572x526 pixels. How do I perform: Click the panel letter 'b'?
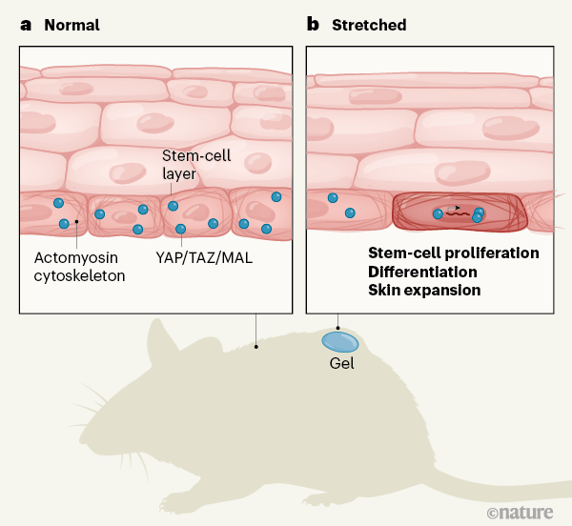(312, 24)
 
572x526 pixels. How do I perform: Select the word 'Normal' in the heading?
(71, 25)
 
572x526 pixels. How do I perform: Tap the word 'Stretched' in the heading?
(369, 25)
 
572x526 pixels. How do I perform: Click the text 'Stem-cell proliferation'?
(454, 253)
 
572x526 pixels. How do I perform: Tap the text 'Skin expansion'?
(424, 290)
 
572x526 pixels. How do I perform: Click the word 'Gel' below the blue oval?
(341, 363)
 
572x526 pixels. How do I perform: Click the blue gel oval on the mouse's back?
(339, 340)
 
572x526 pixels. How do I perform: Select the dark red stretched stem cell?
(457, 212)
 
